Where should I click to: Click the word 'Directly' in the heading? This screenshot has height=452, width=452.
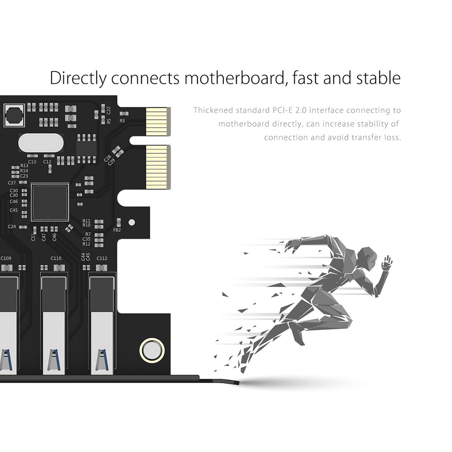click(78, 78)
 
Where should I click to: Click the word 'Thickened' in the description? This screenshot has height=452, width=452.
click(213, 110)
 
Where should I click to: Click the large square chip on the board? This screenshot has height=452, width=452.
click(50, 202)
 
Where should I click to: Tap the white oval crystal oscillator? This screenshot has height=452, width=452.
click(41, 143)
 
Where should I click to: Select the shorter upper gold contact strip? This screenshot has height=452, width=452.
click(158, 121)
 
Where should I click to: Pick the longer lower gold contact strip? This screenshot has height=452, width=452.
click(158, 167)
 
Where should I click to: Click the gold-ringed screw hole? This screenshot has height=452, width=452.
click(152, 350)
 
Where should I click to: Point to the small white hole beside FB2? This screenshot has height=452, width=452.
click(132, 222)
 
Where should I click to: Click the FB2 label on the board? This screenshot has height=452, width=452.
click(117, 230)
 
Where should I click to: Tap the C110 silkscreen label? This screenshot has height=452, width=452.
click(56, 258)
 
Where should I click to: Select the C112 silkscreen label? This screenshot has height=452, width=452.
click(102, 258)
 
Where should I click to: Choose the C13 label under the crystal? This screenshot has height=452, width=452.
click(32, 162)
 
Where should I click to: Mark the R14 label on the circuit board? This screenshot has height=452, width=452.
click(24, 171)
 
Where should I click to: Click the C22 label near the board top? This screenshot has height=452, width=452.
click(109, 110)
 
